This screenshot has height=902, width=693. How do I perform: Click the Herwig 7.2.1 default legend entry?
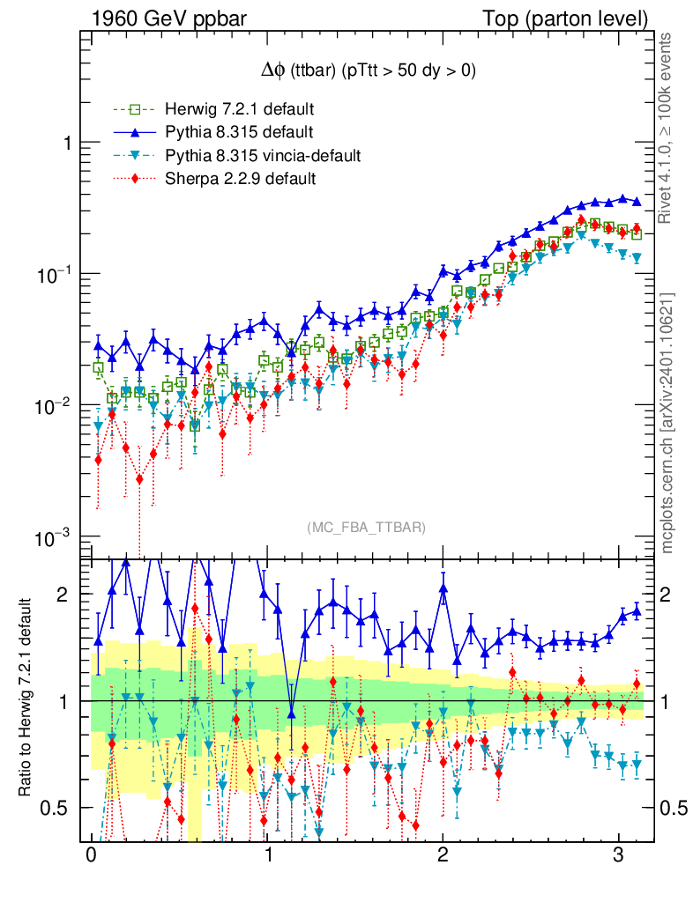(239, 110)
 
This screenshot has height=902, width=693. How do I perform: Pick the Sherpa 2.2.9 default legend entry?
(240, 179)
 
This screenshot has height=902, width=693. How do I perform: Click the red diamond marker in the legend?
(135, 179)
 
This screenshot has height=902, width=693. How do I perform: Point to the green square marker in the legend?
(135, 110)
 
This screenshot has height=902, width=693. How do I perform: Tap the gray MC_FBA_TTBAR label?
(367, 528)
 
